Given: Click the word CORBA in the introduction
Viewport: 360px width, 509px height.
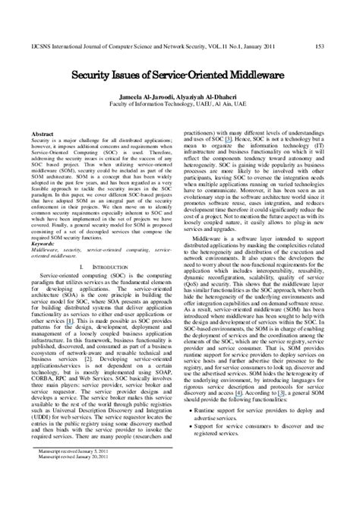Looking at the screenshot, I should coord(43,378).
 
